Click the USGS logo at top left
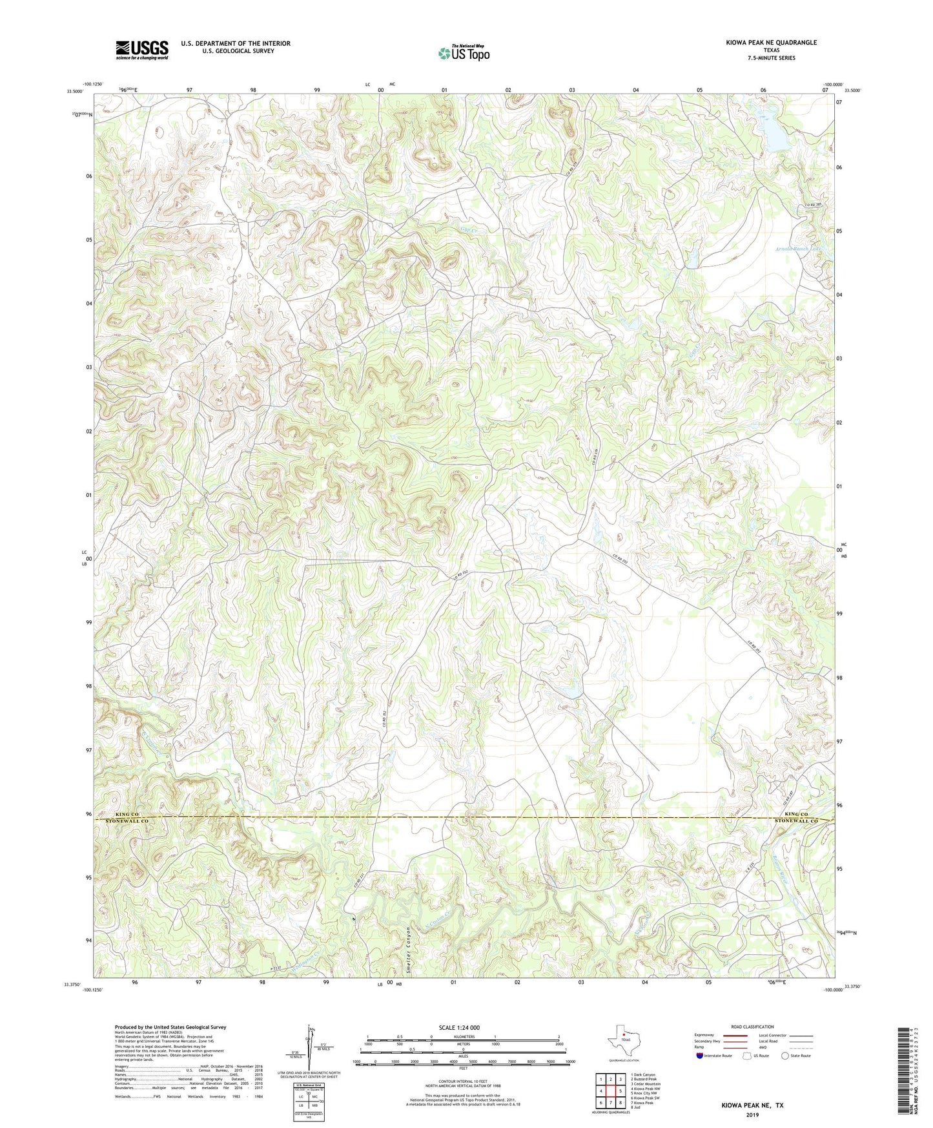(142, 50)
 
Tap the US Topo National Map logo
(464, 53)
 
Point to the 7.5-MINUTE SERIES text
(770, 58)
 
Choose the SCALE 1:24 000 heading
(459, 1028)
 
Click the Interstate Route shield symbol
(701, 1056)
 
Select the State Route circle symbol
(784, 1056)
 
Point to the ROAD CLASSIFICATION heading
(752, 1027)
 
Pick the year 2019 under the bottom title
(752, 1114)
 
